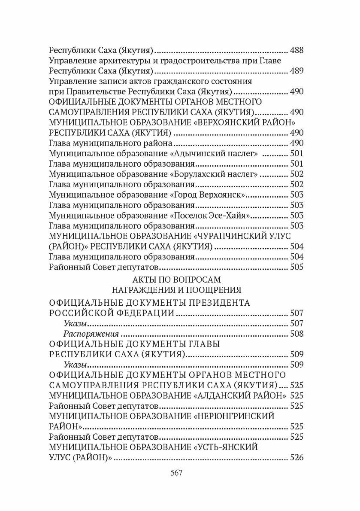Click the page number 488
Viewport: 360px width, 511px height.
coord(297,50)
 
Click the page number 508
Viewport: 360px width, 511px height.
coord(297,334)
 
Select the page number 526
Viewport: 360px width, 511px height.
coord(297,457)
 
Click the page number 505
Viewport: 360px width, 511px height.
coord(297,267)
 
